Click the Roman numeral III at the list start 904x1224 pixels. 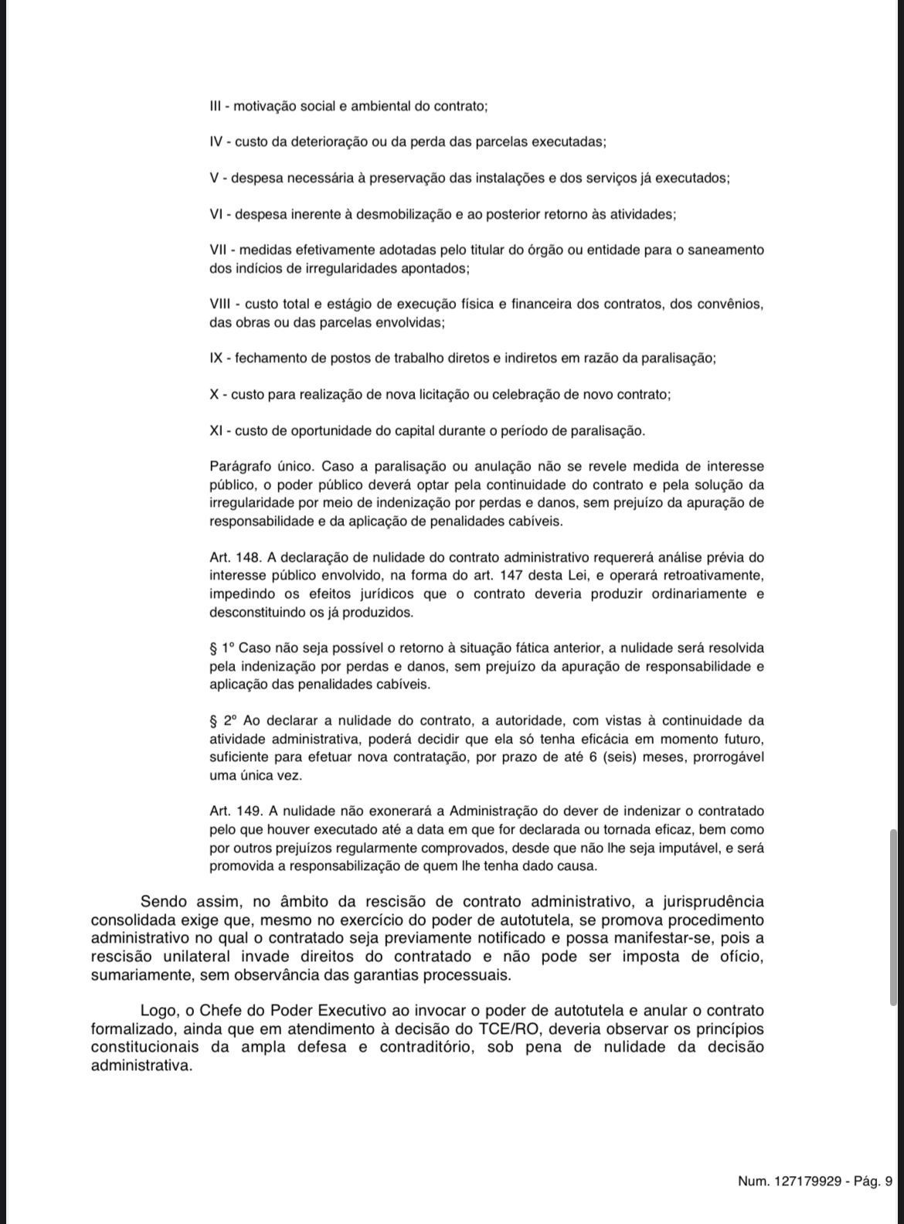click(x=216, y=106)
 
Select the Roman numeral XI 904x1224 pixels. click(x=216, y=430)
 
